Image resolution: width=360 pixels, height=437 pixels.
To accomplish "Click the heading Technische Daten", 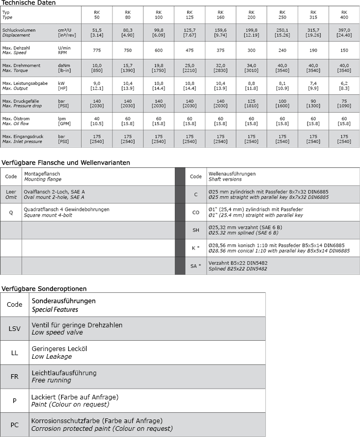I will click(28, 3).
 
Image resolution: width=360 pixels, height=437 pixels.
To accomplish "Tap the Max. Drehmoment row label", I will click(21, 65).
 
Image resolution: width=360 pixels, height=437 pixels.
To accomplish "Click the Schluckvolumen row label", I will click(19, 30).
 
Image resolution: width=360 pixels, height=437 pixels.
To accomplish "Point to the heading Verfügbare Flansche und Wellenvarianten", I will click(65, 162).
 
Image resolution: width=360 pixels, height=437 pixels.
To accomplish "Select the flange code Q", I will click(11, 212).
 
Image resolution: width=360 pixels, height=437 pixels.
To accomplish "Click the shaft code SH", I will click(195, 230).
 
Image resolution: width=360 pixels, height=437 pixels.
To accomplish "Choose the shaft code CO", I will click(195, 212).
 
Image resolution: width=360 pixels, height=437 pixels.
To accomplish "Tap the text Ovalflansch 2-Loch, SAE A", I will click(54, 191).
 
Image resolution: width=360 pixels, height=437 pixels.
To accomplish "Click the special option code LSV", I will click(14, 328).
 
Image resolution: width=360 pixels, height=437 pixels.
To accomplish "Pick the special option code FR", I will click(14, 377).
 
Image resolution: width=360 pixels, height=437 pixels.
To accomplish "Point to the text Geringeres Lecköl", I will click(60, 348).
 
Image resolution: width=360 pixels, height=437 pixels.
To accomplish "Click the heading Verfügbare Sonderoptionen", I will click(44, 288).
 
